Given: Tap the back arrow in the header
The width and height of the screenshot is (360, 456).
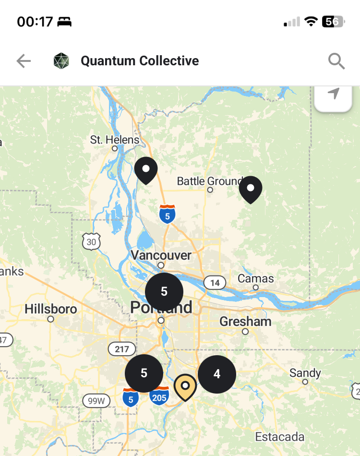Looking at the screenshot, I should [x=24, y=61].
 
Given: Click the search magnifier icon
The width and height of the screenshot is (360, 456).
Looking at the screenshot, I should [x=336, y=61].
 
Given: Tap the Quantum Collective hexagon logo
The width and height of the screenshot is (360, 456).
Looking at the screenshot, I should [x=61, y=61].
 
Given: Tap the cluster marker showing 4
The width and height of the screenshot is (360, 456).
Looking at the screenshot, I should [x=217, y=374].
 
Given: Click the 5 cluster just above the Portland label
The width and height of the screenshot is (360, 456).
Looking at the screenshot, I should [x=164, y=291].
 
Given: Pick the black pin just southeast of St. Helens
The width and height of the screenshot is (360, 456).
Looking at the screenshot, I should [x=146, y=170].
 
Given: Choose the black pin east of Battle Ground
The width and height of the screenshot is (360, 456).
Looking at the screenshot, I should [x=251, y=189].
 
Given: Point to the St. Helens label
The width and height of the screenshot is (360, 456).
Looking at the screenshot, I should [x=114, y=140].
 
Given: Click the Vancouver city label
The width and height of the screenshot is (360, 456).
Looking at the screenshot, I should [x=161, y=255].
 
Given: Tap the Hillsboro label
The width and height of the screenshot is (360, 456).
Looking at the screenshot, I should [x=51, y=309].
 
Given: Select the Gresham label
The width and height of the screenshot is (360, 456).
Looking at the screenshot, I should [x=245, y=321].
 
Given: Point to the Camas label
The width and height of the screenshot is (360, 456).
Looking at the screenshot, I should [x=256, y=278].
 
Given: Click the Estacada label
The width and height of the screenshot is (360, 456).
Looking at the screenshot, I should [x=280, y=437].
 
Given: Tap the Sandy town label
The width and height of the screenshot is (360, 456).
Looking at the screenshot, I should [x=305, y=373].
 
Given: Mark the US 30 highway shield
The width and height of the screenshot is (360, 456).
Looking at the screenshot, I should [x=92, y=241].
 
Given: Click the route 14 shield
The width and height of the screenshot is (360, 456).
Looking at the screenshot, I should [x=215, y=283].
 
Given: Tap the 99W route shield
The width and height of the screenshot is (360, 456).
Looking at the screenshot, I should [x=96, y=400].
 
